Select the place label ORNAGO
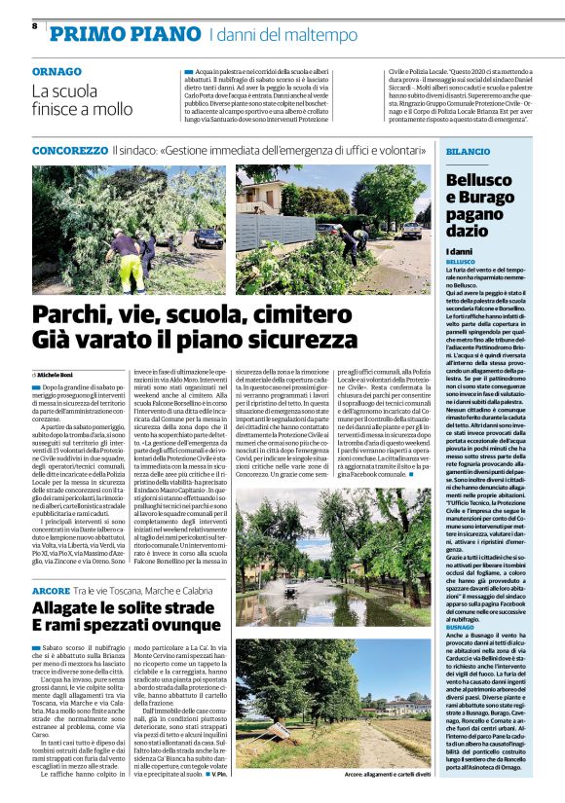pyautogui.click(x=56, y=72)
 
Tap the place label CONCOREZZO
pyautogui.click(x=69, y=151)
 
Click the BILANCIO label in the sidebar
pyautogui.click(x=469, y=153)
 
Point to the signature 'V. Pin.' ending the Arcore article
pyautogui.click(x=220, y=773)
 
